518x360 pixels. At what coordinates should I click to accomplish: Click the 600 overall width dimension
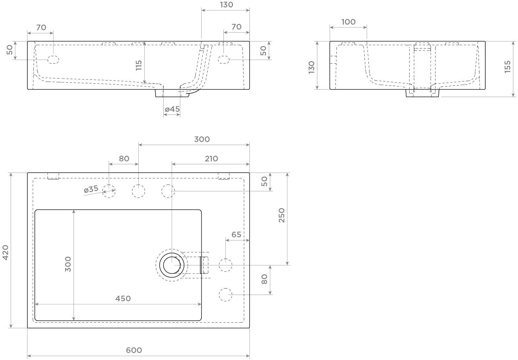point(134,350)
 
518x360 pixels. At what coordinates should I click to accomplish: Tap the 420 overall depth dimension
point(5,252)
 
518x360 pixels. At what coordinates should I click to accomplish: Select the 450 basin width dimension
point(123,298)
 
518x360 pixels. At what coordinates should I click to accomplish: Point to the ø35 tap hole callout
point(91,189)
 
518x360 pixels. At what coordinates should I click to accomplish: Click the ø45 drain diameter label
point(172,109)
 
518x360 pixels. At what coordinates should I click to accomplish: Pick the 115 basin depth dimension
point(139,65)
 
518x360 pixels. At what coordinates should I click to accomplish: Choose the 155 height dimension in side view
point(507,67)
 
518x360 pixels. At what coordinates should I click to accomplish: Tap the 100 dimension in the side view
point(348,22)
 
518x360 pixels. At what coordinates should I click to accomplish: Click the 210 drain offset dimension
point(211,159)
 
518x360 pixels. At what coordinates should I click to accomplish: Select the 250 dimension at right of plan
point(282,215)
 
